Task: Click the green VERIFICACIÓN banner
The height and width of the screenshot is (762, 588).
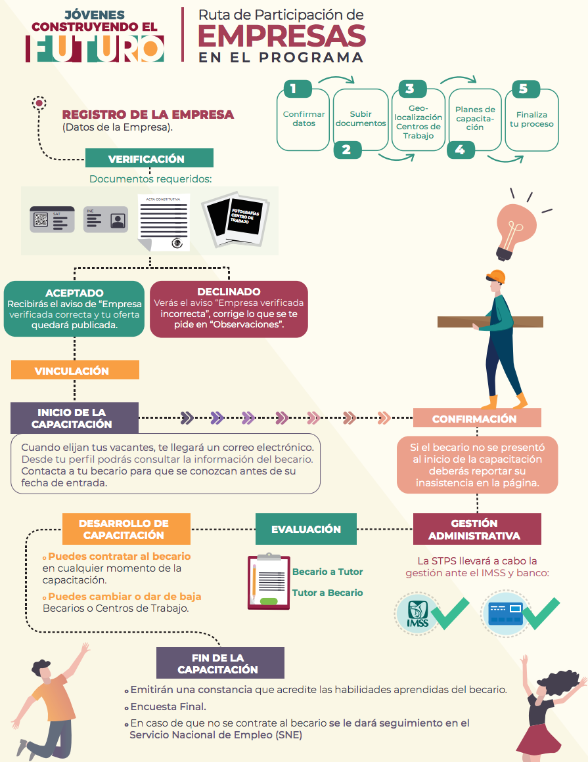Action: pos(149,158)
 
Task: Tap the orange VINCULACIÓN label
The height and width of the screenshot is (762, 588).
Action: pos(75,370)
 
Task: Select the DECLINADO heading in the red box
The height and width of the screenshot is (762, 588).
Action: pos(229,291)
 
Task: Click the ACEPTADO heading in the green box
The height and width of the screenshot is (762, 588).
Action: pos(74,293)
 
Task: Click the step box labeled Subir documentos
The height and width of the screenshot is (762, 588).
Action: pos(361,119)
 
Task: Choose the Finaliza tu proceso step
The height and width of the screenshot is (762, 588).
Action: pos(531,119)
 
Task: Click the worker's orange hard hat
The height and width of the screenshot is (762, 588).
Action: pos(496,276)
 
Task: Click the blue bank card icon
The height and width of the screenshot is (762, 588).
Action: pos(505,613)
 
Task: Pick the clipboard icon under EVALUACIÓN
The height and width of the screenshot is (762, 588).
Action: pos(269,582)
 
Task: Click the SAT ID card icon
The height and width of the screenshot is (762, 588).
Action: pos(52,220)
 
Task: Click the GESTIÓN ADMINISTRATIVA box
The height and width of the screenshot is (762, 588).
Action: pos(477,529)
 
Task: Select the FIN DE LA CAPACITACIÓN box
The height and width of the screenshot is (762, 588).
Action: pos(220,663)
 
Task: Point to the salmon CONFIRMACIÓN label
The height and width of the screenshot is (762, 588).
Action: pos(477,418)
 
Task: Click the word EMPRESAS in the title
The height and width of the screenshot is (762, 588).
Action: pos(282,37)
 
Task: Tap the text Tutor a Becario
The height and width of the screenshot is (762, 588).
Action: pos(327,593)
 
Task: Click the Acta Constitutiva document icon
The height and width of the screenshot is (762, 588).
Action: pos(164,222)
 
